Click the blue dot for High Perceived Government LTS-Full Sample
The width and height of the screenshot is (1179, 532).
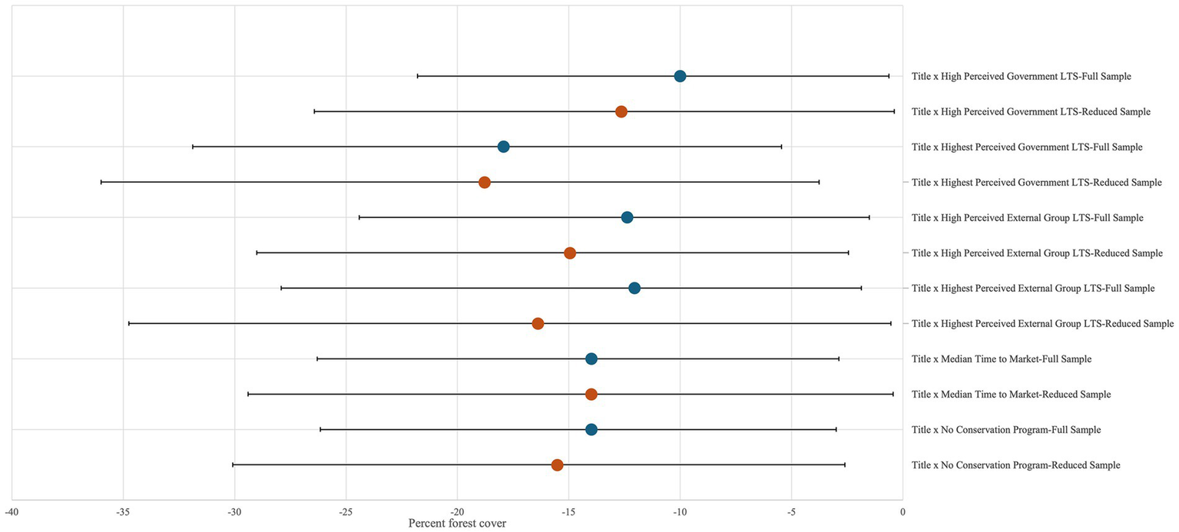point(680,76)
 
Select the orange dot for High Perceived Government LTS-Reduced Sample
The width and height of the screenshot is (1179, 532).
point(621,112)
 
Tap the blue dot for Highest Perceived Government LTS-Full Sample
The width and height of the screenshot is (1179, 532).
point(503,147)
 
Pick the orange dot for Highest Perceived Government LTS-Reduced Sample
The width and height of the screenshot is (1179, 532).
point(485,182)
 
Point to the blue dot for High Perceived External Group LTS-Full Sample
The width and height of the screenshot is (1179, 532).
point(627,217)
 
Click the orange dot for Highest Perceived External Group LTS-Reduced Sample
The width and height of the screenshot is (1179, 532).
point(538,323)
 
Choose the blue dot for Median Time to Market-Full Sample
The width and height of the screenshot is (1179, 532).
point(591,359)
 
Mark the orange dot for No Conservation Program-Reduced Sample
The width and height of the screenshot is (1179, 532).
point(558,465)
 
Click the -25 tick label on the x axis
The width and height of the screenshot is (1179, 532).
point(346,511)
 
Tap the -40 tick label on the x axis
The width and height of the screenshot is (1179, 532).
point(12,511)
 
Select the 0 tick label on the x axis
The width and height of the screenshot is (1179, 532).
point(902,511)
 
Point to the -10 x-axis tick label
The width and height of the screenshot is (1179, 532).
point(680,511)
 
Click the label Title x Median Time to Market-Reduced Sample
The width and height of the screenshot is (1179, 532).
point(1011,395)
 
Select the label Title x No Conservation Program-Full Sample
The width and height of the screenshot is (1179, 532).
point(1006,430)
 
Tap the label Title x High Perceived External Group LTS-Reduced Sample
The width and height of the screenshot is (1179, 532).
point(1037,253)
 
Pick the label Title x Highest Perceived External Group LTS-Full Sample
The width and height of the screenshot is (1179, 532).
point(1033,289)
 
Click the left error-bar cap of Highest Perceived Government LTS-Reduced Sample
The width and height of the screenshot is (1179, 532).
point(101,182)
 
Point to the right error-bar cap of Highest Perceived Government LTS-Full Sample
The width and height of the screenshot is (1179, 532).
point(781,147)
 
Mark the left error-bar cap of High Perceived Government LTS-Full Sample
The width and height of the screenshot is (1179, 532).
point(417,76)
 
